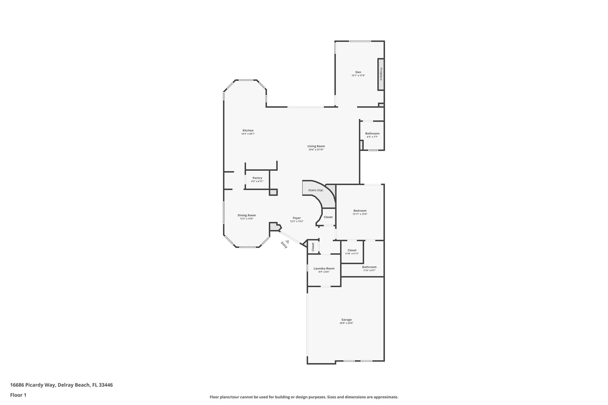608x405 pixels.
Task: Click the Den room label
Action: pos(358,72)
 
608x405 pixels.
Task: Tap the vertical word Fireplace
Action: pos(381,74)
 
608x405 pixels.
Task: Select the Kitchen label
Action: pos(248,131)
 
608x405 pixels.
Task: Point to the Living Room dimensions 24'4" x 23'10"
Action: pos(316,150)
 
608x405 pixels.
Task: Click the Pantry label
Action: pos(257,178)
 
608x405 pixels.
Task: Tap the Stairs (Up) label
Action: pos(316,190)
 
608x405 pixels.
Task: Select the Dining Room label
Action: pos(246,215)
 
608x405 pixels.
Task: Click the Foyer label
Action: pos(297,218)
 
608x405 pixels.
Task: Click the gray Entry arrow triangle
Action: pos(287,242)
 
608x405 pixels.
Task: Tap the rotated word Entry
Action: pos(284,245)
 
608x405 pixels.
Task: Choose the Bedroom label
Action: pos(360,211)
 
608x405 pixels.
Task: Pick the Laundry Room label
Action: pos(324,269)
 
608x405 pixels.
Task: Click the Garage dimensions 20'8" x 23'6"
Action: pos(346,323)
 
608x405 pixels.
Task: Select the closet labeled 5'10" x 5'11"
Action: pos(352,252)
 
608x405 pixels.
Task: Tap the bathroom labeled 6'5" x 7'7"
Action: pos(372,135)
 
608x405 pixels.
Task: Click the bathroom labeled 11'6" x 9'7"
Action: pos(369,269)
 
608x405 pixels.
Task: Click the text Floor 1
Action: pos(18,395)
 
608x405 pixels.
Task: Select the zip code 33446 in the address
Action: pos(106,385)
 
